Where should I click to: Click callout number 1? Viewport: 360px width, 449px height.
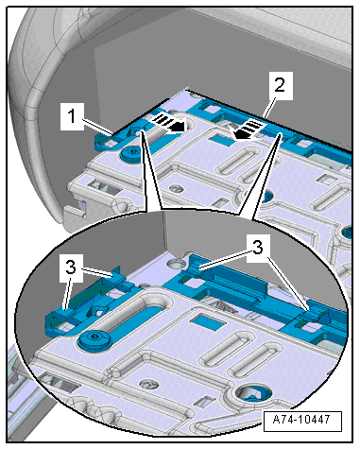pyautogui.click(x=72, y=115)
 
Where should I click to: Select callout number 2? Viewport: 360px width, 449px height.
pyautogui.click(x=279, y=85)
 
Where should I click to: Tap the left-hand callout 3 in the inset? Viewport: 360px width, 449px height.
pyautogui.click(x=71, y=268)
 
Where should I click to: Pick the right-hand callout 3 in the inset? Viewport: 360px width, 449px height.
pyautogui.click(x=258, y=248)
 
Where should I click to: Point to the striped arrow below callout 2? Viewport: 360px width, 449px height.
pyautogui.click(x=249, y=130)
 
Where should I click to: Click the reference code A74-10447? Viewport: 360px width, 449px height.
pyautogui.click(x=301, y=420)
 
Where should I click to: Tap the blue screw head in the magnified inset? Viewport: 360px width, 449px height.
pyautogui.click(x=94, y=339)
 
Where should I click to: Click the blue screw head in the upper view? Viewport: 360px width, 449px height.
pyautogui.click(x=130, y=154)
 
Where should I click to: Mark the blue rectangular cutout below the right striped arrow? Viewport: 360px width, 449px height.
pyautogui.click(x=223, y=139)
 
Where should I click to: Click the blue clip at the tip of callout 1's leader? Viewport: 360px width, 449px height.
pyautogui.click(x=105, y=141)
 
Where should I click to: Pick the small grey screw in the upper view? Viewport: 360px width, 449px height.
pyautogui.click(x=175, y=189)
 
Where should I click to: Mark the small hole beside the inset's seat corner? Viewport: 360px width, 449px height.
pyautogui.click(x=176, y=262)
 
